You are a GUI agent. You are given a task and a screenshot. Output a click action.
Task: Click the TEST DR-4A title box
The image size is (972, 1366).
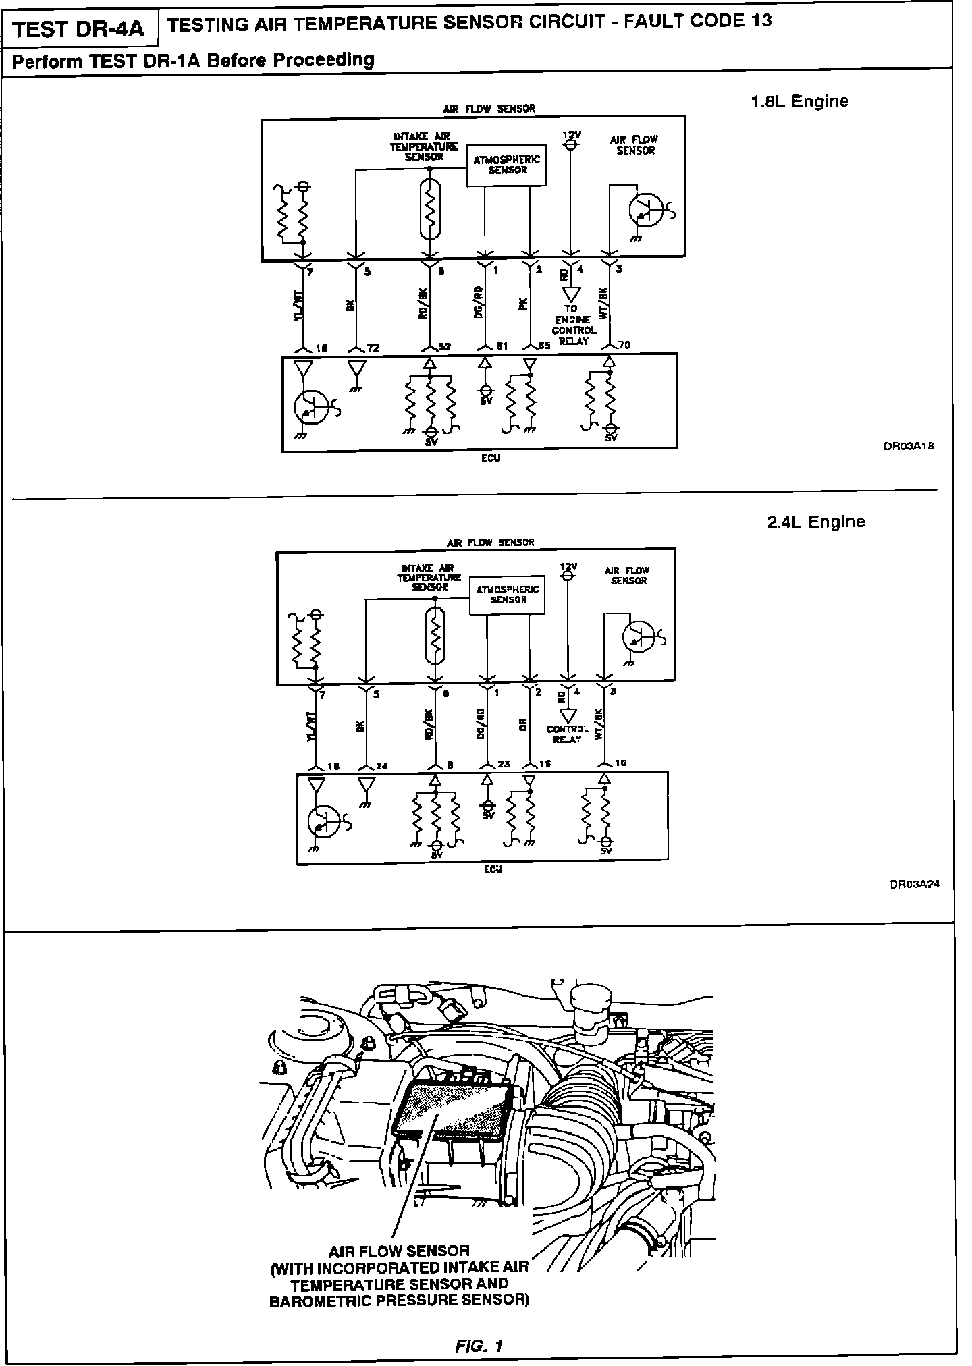click(x=79, y=29)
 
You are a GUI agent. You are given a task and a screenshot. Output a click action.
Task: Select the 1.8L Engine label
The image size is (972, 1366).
click(x=799, y=101)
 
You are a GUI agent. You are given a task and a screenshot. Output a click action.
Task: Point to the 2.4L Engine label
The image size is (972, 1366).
click(x=815, y=522)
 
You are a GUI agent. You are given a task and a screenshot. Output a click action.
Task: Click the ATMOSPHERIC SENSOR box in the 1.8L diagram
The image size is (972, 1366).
click(x=507, y=165)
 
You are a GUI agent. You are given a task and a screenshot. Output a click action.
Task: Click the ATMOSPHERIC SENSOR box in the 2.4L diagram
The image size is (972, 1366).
click(x=508, y=595)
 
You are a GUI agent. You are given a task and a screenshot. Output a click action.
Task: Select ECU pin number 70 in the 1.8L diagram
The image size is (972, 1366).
click(x=624, y=346)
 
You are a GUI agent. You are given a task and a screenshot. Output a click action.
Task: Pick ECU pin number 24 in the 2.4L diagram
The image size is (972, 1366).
click(x=381, y=766)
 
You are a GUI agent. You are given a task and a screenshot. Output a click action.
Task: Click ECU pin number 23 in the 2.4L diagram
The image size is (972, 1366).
click(x=503, y=765)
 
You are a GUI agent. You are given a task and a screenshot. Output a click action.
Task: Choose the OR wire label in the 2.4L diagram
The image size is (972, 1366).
click(x=522, y=726)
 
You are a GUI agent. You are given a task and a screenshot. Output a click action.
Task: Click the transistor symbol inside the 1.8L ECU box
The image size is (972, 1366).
click(x=309, y=407)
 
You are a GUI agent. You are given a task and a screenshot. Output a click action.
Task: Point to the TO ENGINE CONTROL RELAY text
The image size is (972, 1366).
click(x=573, y=325)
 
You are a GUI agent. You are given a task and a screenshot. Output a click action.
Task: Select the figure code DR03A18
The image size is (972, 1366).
click(x=909, y=446)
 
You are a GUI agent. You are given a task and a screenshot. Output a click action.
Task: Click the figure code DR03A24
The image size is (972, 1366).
click(x=914, y=885)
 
